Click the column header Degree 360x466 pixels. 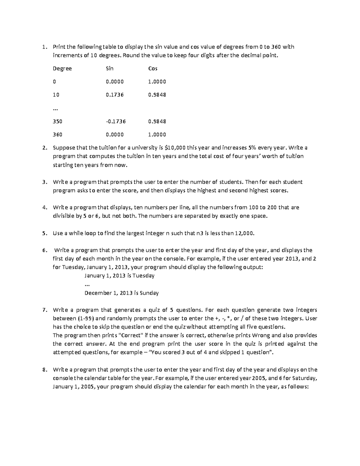tap(62, 69)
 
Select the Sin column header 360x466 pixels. tap(109, 68)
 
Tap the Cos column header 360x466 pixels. tap(153, 68)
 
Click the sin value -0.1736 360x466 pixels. tap(116, 122)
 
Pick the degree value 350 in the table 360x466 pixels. tap(57, 122)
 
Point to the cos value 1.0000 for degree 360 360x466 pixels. tap(157, 135)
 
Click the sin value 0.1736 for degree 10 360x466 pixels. tap(115, 95)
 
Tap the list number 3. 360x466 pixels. tap(44, 182)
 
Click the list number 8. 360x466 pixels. tap(44, 370)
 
